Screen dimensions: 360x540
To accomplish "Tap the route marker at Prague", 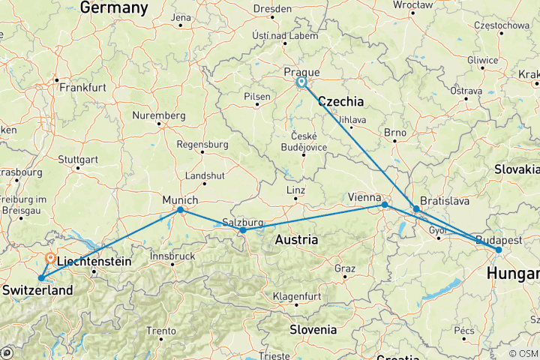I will click(x=301, y=82).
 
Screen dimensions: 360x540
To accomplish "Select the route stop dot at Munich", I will click(x=181, y=210).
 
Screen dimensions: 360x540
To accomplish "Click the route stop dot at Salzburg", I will click(x=243, y=230).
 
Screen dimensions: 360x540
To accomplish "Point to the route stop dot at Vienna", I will click(x=385, y=205).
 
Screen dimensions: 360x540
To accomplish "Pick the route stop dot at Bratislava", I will click(x=416, y=209).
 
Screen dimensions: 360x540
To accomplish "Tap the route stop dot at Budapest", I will click(x=499, y=250).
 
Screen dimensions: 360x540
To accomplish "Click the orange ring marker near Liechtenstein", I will click(x=49, y=257).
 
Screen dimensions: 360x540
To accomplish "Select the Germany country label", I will click(x=114, y=7).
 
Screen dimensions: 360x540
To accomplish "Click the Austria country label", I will click(x=295, y=240).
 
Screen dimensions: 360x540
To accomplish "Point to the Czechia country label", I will click(x=341, y=101).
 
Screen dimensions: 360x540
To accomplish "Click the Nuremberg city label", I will click(x=158, y=115).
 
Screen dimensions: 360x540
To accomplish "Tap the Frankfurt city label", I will click(x=82, y=88).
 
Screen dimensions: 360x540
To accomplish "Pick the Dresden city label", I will click(x=273, y=9).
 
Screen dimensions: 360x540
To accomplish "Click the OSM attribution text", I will click(x=523, y=353).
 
